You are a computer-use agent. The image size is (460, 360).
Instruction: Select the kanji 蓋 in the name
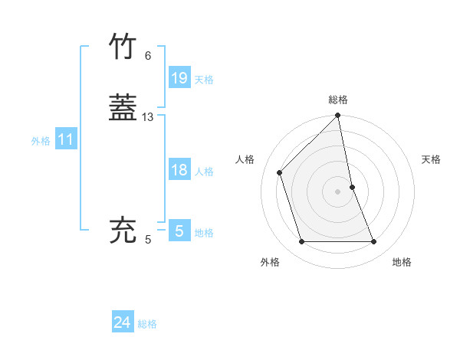[124, 107]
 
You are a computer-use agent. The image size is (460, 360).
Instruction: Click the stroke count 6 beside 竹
[148, 56]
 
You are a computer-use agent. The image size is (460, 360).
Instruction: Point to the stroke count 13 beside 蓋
[148, 117]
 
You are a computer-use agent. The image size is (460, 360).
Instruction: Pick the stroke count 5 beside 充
[148, 240]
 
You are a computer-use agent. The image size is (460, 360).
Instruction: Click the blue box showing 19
[179, 77]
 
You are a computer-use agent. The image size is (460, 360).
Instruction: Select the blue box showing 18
[179, 170]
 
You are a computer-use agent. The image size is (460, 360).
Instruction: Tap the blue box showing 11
[66, 139]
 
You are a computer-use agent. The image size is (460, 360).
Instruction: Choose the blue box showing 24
[123, 322]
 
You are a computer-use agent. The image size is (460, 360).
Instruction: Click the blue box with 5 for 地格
[179, 231]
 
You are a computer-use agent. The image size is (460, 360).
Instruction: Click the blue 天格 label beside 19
[204, 80]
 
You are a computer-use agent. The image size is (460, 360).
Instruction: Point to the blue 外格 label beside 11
[41, 141]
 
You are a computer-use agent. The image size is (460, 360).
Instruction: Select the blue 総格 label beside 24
[147, 324]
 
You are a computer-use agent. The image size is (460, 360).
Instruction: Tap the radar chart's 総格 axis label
[338, 100]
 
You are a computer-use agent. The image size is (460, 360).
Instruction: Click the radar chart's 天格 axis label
[432, 159]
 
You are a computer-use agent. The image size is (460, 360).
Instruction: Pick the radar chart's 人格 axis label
[245, 159]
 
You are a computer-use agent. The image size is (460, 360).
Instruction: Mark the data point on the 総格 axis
[338, 116]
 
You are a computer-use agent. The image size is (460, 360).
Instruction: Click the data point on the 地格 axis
[374, 242]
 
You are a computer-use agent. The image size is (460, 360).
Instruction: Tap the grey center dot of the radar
[338, 191]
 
